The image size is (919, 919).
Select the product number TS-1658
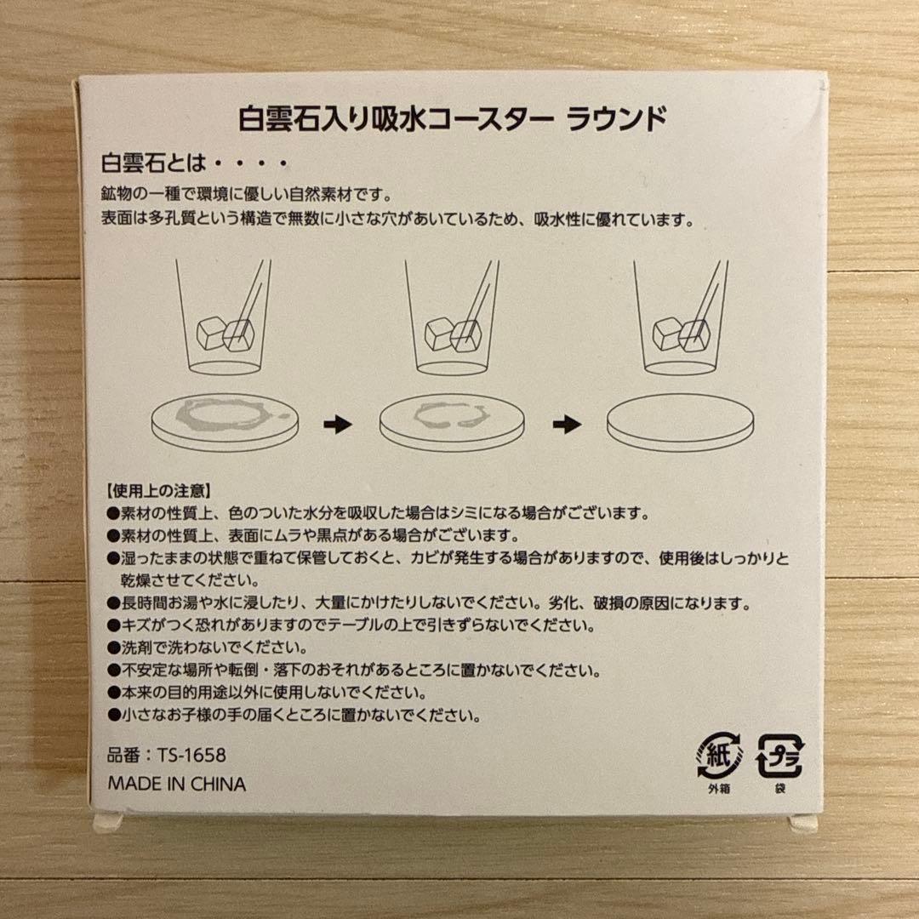(x=167, y=755)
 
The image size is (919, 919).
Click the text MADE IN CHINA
(x=176, y=784)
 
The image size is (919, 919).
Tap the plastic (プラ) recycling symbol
(x=780, y=755)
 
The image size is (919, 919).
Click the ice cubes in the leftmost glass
(x=223, y=333)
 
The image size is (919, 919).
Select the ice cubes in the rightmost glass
(x=681, y=333)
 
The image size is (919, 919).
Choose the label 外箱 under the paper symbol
(x=719, y=788)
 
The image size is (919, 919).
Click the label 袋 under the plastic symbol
(x=780, y=788)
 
